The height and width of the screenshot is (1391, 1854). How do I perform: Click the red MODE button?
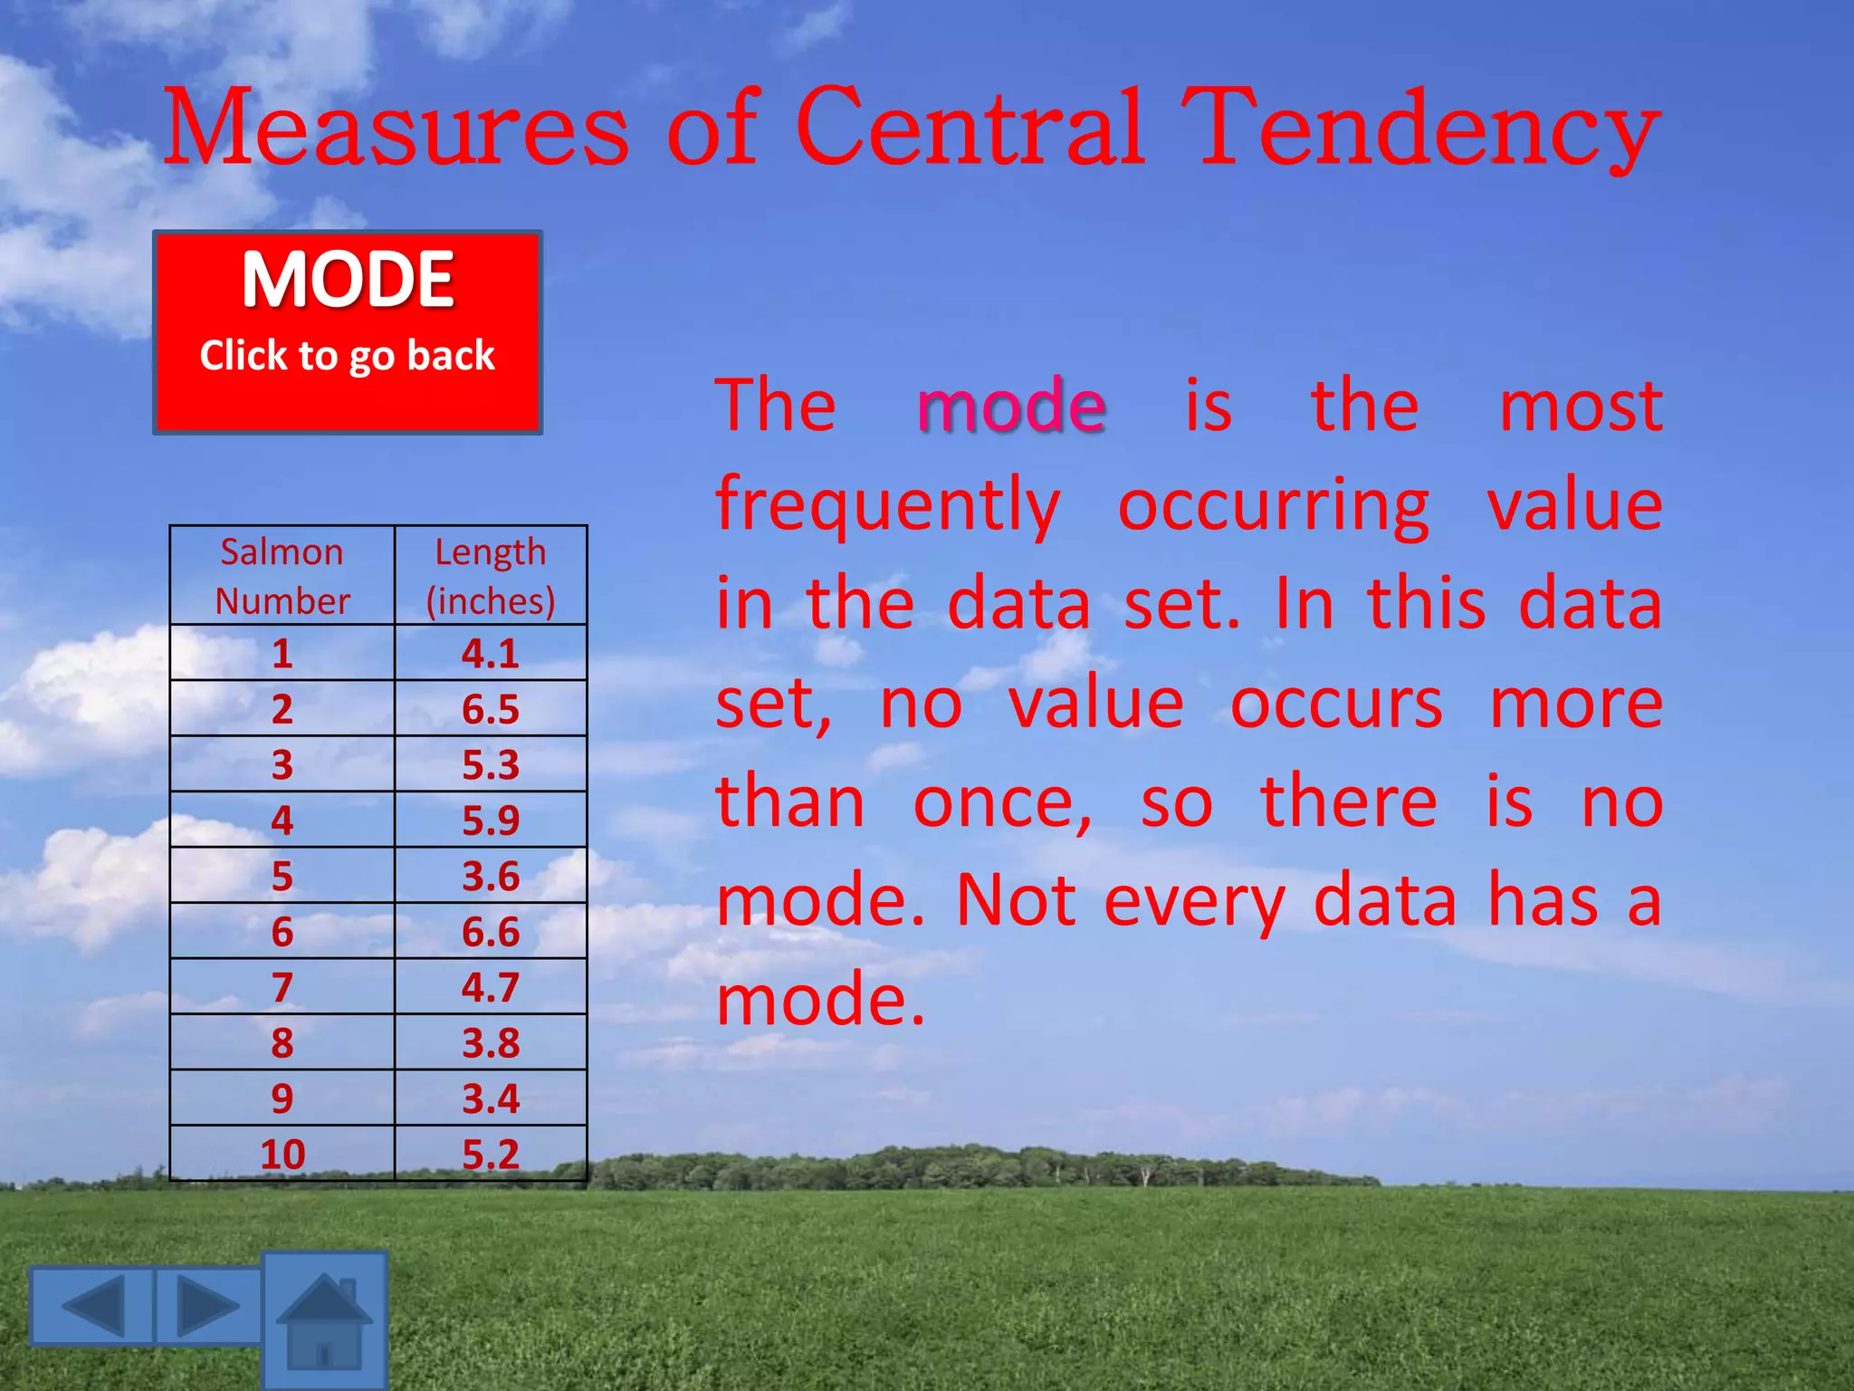tap(348, 331)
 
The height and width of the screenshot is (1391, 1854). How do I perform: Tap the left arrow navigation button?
tap(91, 1305)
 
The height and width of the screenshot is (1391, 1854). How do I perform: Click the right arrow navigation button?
tap(209, 1305)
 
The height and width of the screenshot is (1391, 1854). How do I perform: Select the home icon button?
tap(325, 1321)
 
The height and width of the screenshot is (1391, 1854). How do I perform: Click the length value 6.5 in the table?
tap(491, 709)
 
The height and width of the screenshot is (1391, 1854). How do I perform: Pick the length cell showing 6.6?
tap(491, 932)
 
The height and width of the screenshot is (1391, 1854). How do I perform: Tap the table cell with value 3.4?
tap(491, 1098)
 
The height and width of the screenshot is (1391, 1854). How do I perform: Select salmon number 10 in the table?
tap(282, 1154)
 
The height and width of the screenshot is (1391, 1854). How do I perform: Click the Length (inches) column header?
tap(491, 576)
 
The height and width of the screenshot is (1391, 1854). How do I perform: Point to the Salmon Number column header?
tap(282, 576)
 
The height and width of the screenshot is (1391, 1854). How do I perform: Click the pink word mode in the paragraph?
tap(1011, 406)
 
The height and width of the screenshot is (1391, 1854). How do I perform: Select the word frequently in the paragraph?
tap(887, 505)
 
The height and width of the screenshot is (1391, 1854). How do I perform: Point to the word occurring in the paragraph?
tap(1274, 505)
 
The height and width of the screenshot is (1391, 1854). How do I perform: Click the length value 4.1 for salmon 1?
tap(491, 653)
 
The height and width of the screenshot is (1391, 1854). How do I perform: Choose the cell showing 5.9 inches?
tap(491, 820)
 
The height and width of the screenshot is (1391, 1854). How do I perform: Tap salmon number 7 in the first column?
tap(282, 987)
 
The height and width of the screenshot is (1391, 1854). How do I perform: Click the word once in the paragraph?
tap(1002, 802)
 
